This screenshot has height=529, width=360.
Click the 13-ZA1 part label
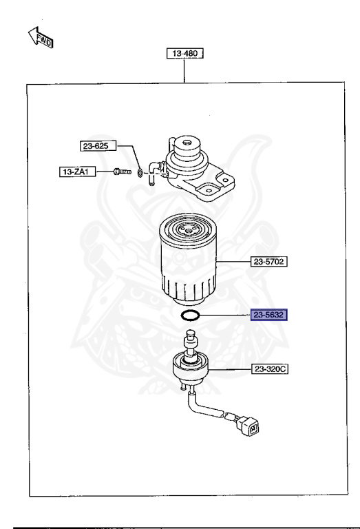pos(76,172)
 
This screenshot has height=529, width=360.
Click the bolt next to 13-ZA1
pos(121,172)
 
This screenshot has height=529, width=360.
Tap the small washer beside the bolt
pos(140,172)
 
